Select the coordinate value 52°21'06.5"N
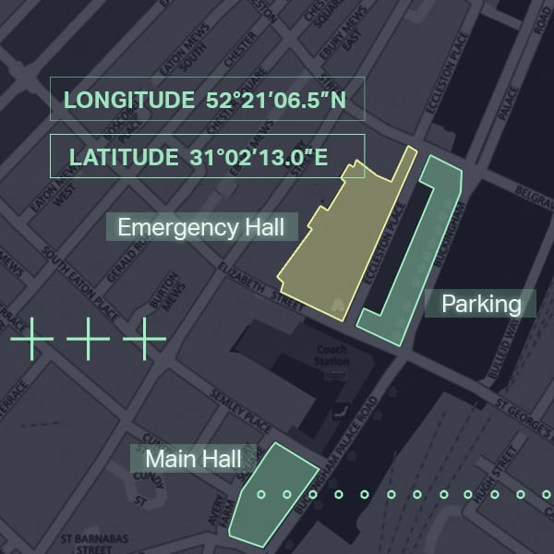[x=276, y=99]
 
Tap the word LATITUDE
[x=124, y=156]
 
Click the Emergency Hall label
[x=200, y=226]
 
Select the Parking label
[x=481, y=303]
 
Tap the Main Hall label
[x=192, y=459]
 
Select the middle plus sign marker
[x=88, y=340]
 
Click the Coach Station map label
[x=331, y=356]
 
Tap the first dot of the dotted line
[x=261, y=495]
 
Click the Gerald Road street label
[x=124, y=257]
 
